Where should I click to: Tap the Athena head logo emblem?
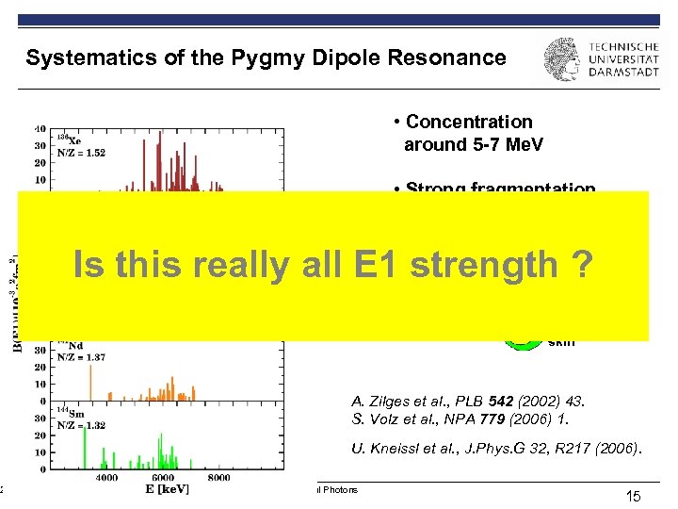(562, 59)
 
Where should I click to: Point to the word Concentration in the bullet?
(469, 122)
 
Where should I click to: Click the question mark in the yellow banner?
(581, 265)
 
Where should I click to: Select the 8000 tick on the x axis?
(218, 478)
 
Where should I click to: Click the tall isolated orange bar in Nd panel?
(90, 381)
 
